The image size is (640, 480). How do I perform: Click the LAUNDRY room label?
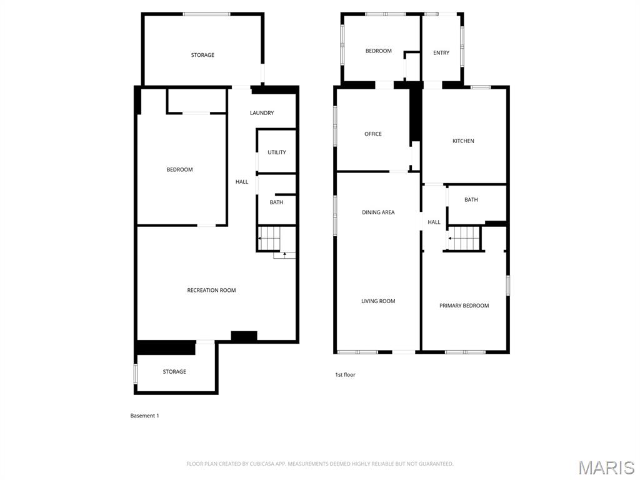(x=262, y=113)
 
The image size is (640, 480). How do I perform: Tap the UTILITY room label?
(x=277, y=152)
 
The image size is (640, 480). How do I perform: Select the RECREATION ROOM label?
(x=211, y=290)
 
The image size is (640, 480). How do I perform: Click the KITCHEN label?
(x=463, y=141)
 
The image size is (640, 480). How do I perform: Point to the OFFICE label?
(x=373, y=134)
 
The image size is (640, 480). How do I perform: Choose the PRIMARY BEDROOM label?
(x=464, y=305)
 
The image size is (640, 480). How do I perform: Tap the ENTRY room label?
(x=441, y=52)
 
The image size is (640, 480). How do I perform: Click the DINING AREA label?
(x=378, y=212)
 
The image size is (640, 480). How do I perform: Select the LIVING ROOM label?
(x=378, y=301)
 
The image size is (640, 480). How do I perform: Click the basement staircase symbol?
(x=269, y=238)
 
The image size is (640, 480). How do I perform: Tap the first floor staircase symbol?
(x=463, y=238)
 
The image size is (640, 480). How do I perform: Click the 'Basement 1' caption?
(x=144, y=416)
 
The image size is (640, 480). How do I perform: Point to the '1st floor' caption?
(x=345, y=375)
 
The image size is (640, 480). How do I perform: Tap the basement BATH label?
(x=276, y=202)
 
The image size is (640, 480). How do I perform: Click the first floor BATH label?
(x=471, y=199)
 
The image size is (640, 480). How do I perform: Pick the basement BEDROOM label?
(x=179, y=170)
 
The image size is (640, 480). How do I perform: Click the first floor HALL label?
(x=434, y=222)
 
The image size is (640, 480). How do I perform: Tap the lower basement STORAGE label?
(x=174, y=371)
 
